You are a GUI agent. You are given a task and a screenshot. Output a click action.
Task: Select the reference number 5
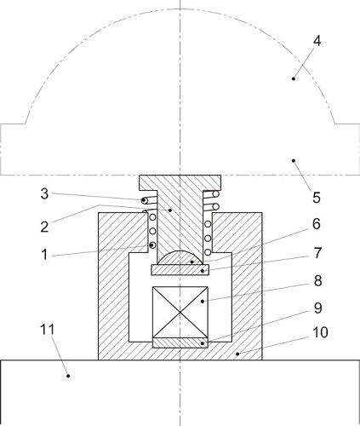[x=316, y=198]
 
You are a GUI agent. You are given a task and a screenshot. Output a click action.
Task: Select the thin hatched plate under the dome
[x=180, y=270]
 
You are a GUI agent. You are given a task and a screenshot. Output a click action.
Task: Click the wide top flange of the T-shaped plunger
[x=180, y=184]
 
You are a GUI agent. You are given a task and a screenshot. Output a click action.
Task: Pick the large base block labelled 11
[x=180, y=392]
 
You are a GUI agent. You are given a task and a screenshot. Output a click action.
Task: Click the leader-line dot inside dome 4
[x=294, y=78]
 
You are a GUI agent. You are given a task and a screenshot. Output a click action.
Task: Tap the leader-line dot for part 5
[x=292, y=159]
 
